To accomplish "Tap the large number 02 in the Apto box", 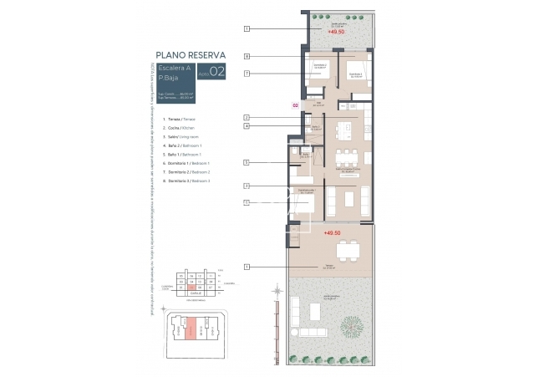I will tap(216, 73).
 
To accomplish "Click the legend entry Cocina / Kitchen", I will tap(183, 127).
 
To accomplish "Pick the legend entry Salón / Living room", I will tap(182, 136).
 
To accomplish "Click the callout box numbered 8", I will tap(247, 57).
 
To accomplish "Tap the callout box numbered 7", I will tap(247, 74).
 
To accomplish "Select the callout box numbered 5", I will tap(247, 161).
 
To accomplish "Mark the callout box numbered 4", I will tap(247, 125).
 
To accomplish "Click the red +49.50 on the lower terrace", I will tap(332, 233).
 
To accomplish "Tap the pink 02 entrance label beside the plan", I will tap(294, 105).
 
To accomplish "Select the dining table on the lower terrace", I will tap(345, 250).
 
